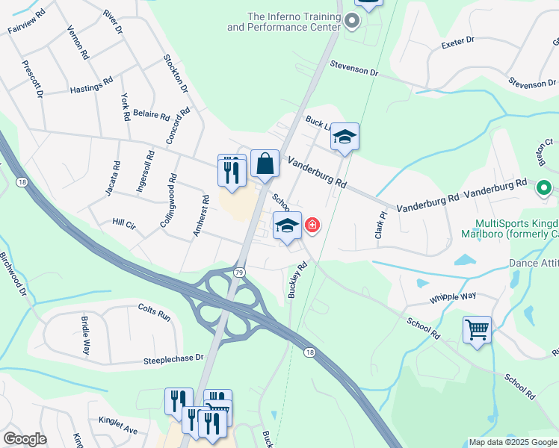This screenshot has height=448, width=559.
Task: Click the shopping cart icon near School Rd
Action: (x=477, y=329)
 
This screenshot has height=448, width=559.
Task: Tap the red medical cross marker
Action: (x=311, y=225)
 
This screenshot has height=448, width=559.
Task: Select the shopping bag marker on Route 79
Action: (x=265, y=164)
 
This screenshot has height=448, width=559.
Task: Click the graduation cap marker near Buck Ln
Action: (x=345, y=137)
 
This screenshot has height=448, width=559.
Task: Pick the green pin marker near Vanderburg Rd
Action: (x=544, y=189)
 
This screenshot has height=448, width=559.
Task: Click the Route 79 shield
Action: (x=239, y=273)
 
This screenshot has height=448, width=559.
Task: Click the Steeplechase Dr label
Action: (x=173, y=359)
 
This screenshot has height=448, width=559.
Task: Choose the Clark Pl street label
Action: (x=382, y=225)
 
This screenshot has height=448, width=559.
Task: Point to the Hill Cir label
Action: (x=123, y=223)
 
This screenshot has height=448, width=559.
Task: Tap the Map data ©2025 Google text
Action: (x=512, y=442)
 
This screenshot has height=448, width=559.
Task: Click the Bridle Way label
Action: (x=87, y=338)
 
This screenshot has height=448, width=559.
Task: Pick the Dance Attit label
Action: (x=534, y=263)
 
